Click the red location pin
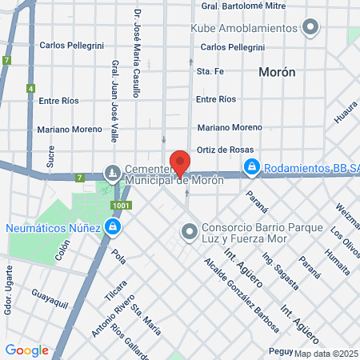pyautogui.click(x=180, y=160)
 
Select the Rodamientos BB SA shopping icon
pyautogui.click(x=251, y=166)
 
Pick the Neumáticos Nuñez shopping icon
pyautogui.click(x=112, y=227)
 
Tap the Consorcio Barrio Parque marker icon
pyautogui.click(x=190, y=232)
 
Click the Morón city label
pyautogui.click(x=278, y=72)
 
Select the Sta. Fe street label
pyautogui.click(x=208, y=72)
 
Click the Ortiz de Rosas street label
pyautogui.click(x=226, y=150)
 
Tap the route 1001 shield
pyautogui.click(x=119, y=206)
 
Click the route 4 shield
pyautogui.click(x=30, y=88)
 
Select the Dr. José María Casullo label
pyautogui.click(x=137, y=53)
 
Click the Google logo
pyautogui.click(x=26, y=350)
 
